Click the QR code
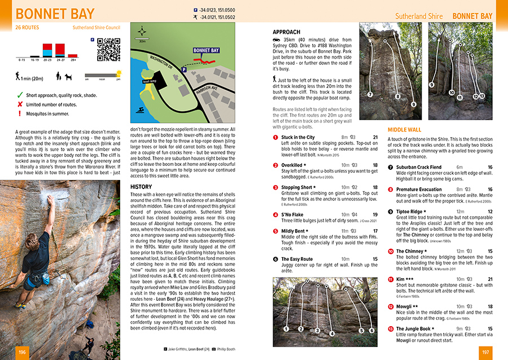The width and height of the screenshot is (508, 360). pos(108,49)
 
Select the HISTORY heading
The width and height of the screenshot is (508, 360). pos(141,186)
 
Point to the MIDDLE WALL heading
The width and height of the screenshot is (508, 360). pos(404,130)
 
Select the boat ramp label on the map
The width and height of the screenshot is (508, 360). pos(150,82)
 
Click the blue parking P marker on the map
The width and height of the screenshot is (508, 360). pos(183,69)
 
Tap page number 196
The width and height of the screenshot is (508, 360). pos(22,353)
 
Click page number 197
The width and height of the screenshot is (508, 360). pos(485,353)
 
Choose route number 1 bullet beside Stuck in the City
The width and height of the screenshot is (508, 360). pos(275,138)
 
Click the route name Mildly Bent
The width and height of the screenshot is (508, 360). pos(293,231)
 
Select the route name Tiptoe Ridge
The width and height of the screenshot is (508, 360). pos(411,212)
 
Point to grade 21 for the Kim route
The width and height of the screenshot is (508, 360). pos(489,279)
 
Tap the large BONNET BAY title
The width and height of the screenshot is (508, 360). pos(55,14)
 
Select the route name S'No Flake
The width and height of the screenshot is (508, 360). pos(292,214)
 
